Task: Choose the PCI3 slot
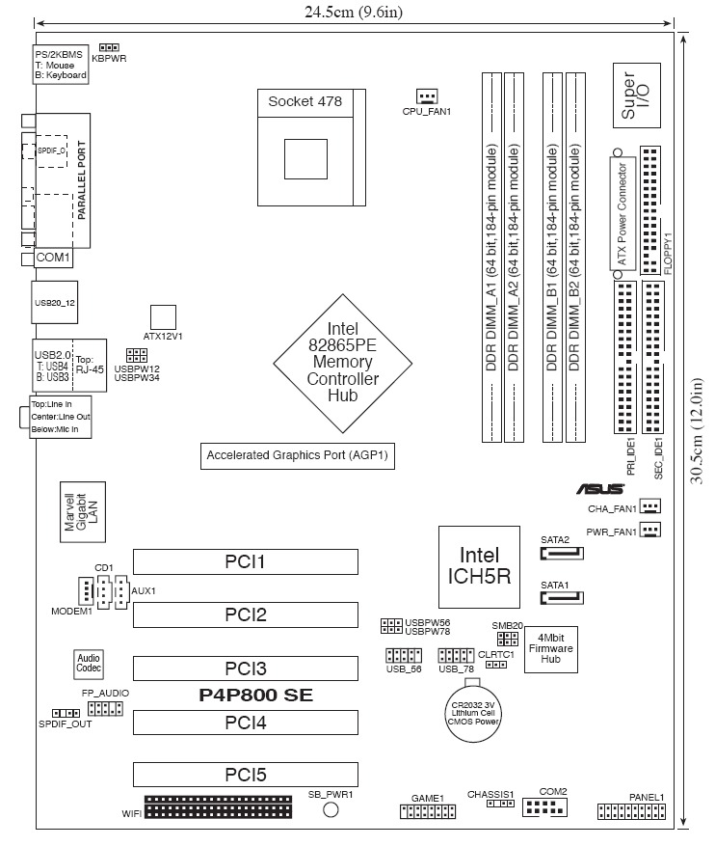245,668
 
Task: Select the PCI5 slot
245,774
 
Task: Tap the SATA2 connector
563,555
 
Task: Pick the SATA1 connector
563,598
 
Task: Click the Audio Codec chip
89,664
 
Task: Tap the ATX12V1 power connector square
164,317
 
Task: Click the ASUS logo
598,489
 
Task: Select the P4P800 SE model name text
255,695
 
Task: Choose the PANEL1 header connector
631,812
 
